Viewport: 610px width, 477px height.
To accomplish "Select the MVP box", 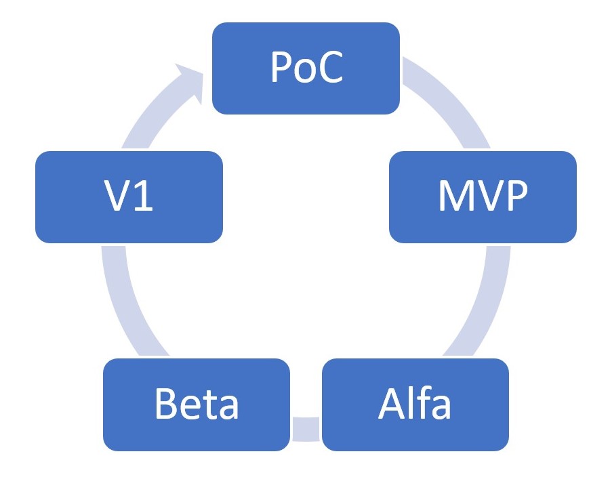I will pos(482,196).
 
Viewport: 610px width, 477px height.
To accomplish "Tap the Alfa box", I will pos(415,405).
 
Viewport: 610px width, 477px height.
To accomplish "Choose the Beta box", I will pos(197,405).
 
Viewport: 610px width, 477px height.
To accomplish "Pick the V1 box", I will pos(129,196).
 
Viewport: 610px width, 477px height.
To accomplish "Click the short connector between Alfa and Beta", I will pos(306,428).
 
